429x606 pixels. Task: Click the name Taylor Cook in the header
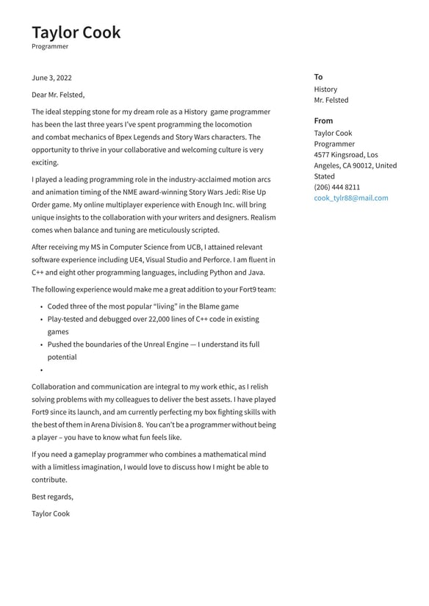click(x=76, y=32)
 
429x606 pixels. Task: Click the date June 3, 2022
click(x=51, y=78)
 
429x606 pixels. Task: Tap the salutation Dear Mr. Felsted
click(x=58, y=95)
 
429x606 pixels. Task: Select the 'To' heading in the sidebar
click(x=318, y=77)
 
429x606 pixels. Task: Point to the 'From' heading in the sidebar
click(x=323, y=120)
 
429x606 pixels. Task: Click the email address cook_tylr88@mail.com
click(x=351, y=198)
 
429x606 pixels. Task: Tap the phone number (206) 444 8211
click(x=337, y=187)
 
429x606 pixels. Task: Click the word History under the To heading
click(x=325, y=90)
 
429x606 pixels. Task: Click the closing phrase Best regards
click(x=52, y=497)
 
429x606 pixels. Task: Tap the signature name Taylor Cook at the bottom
click(x=51, y=514)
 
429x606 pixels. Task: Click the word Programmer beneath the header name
click(x=50, y=47)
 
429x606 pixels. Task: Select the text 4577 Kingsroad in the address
click(x=339, y=155)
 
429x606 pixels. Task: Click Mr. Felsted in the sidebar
click(x=331, y=101)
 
